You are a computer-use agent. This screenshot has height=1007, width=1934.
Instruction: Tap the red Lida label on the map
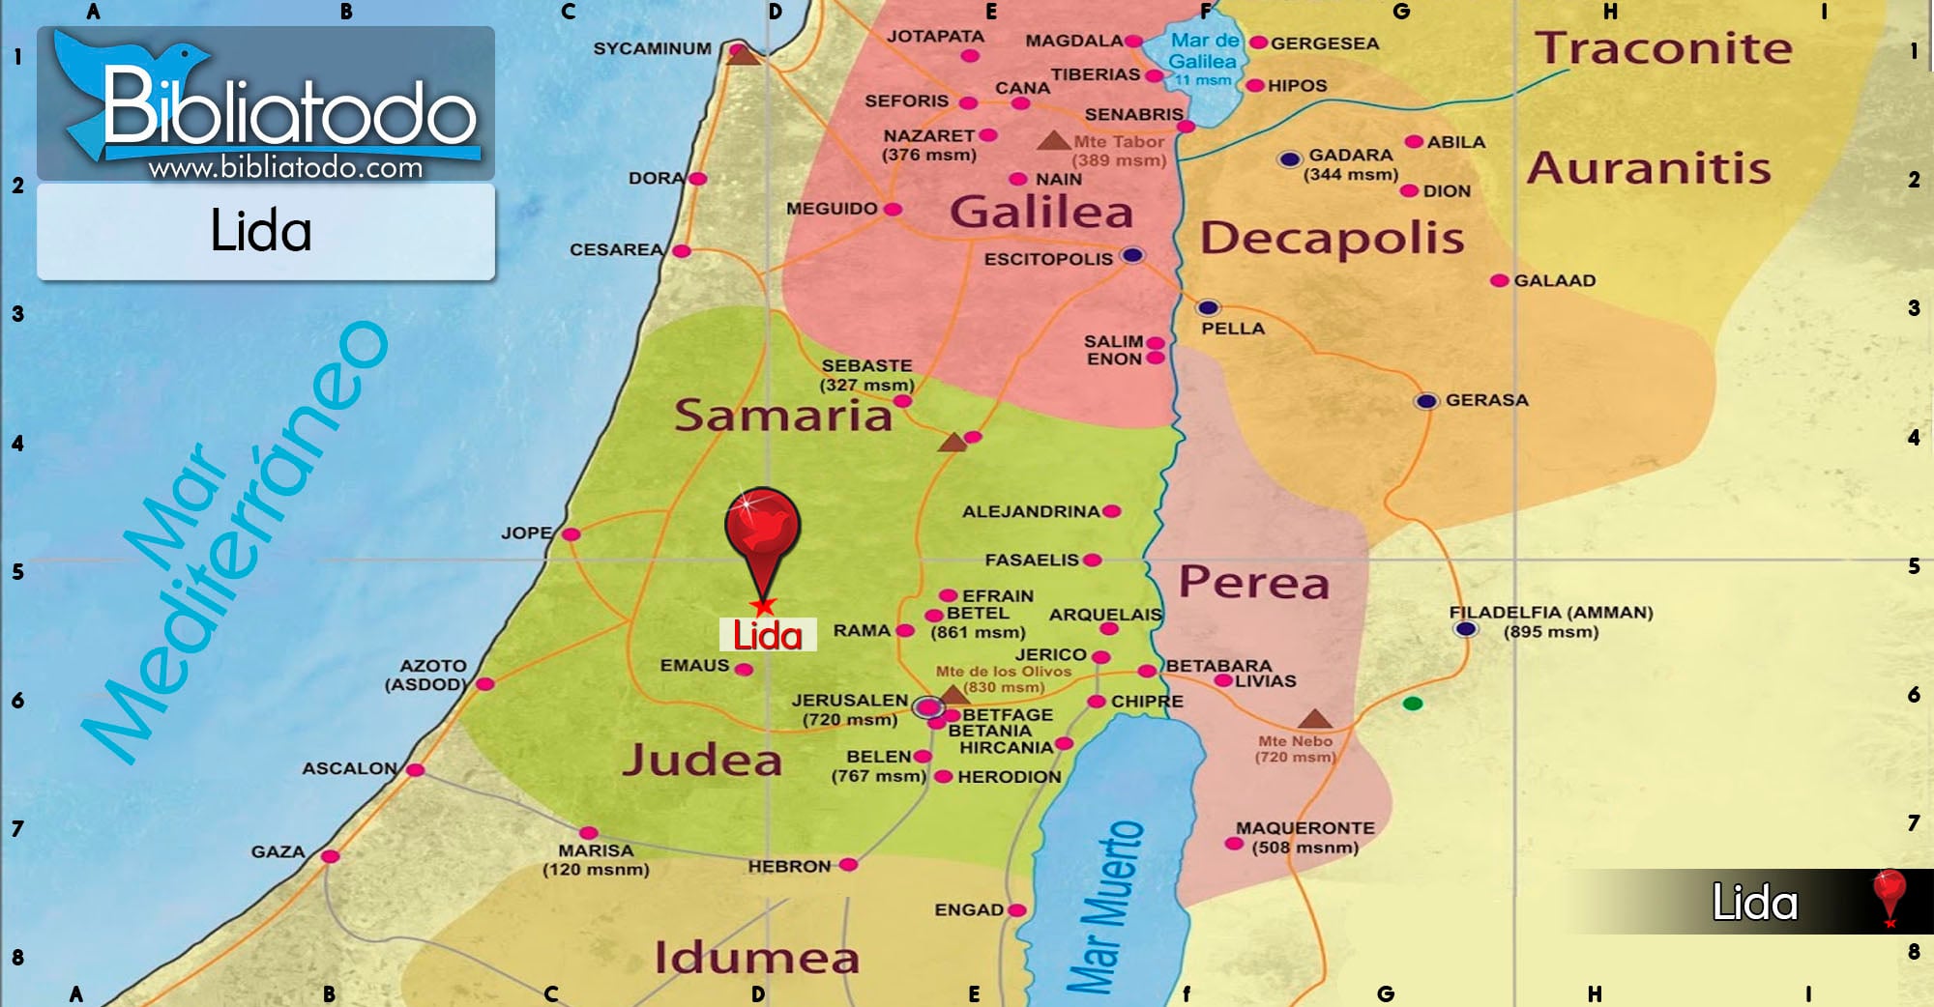pyautogui.click(x=768, y=635)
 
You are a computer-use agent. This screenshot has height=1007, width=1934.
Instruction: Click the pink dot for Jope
pyautogui.click(x=571, y=534)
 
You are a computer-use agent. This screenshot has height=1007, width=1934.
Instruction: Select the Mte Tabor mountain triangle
pyautogui.click(x=1052, y=141)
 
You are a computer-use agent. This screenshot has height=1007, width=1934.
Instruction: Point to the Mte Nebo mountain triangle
pyautogui.click(x=1314, y=719)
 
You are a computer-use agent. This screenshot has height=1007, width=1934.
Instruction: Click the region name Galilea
pyautogui.click(x=1040, y=212)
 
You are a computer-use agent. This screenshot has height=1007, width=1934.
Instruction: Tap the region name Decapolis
pyautogui.click(x=1332, y=238)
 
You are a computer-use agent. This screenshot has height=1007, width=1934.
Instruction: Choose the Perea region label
pyautogui.click(x=1253, y=583)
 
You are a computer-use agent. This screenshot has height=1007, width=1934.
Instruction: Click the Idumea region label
pyautogui.click(x=756, y=958)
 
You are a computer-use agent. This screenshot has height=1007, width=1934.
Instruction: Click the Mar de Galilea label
pyautogui.click(x=1203, y=51)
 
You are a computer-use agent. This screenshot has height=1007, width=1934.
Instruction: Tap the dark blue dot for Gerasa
pyautogui.click(x=1426, y=401)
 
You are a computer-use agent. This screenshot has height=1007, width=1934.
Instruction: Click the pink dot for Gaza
pyautogui.click(x=330, y=856)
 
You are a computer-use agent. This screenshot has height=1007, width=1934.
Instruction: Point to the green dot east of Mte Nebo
pyautogui.click(x=1413, y=704)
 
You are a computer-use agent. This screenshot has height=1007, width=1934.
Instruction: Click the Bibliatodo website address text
pyautogui.click(x=285, y=168)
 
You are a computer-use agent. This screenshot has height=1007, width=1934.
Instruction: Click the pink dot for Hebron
pyautogui.click(x=848, y=865)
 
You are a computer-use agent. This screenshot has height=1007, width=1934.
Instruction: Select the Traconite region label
pyautogui.click(x=1663, y=48)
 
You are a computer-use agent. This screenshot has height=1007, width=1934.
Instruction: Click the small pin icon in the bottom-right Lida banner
pyautogui.click(x=1889, y=895)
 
